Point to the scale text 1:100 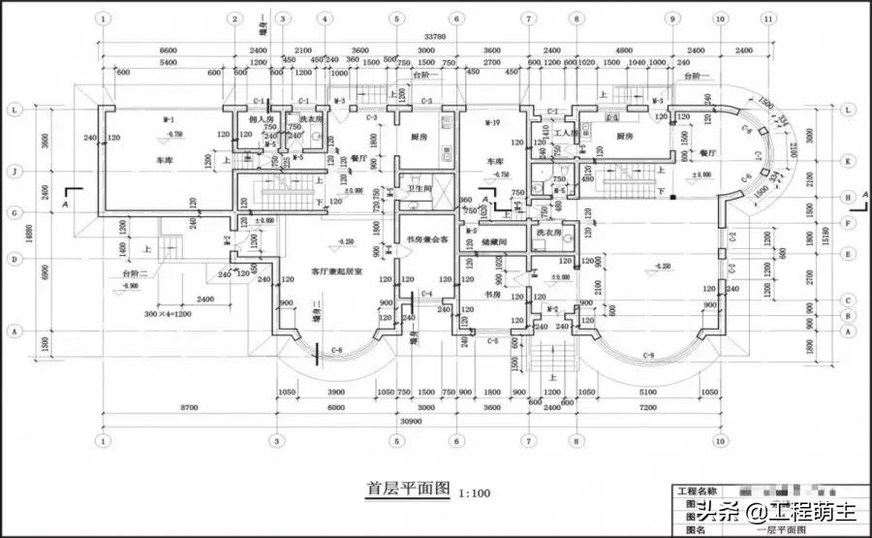pos(474,493)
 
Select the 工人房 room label pos(566,132)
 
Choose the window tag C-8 pos(337,349)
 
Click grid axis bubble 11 pos(768,18)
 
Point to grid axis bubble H pos(848,197)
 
